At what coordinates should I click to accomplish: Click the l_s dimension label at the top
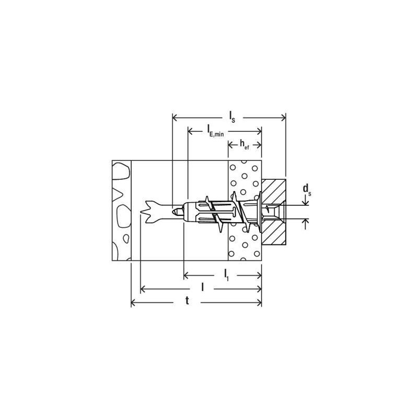click(232, 117)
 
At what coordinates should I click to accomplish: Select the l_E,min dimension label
click(215, 131)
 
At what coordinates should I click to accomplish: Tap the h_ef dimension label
click(244, 145)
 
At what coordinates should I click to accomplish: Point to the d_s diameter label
click(307, 189)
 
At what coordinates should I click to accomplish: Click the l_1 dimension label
click(226, 275)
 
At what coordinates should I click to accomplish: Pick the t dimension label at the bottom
click(188, 301)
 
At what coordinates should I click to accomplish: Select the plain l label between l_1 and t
click(203, 287)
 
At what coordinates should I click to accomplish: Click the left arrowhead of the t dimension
click(134, 303)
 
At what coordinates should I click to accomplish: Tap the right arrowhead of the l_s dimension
click(283, 118)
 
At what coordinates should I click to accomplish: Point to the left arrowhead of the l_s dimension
click(175, 118)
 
